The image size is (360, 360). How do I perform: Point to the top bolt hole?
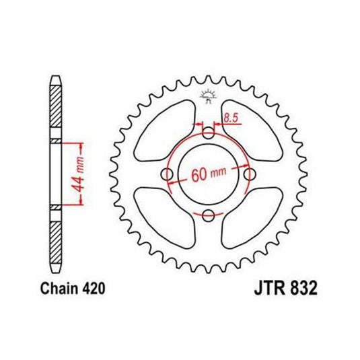[x=209, y=132]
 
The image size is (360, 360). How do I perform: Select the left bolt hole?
[x=167, y=175]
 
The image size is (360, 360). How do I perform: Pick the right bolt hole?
[x=250, y=175]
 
